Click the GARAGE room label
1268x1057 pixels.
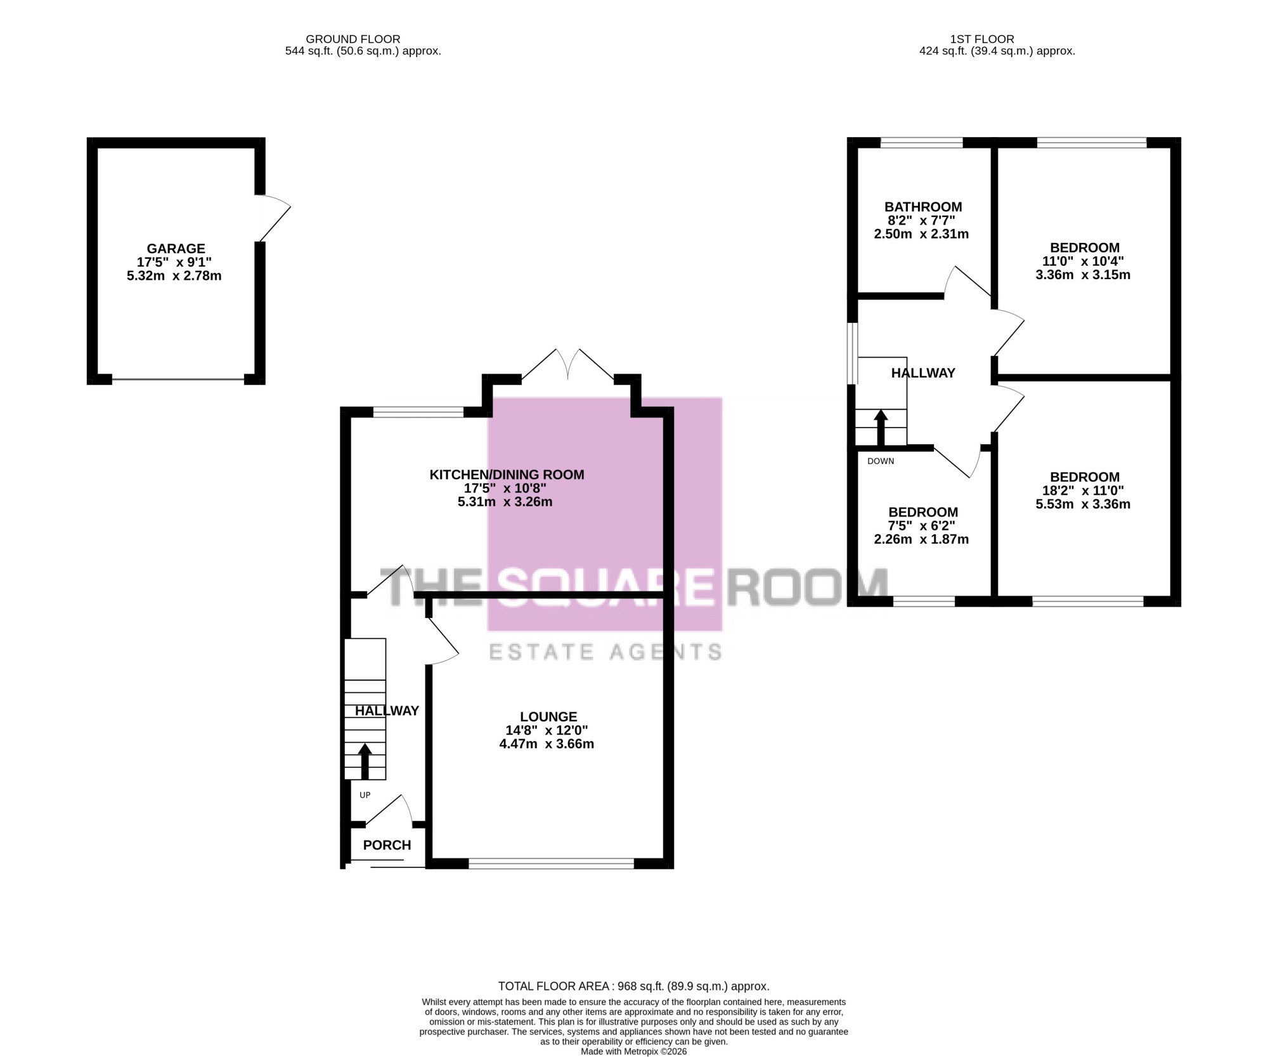point(176,249)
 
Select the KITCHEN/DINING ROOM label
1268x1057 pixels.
point(507,475)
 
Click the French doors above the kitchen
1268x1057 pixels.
point(568,364)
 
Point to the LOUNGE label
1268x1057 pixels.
point(548,717)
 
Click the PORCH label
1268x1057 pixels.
point(387,845)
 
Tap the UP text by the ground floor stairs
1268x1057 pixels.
point(365,795)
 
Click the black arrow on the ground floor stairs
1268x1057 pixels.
point(365,761)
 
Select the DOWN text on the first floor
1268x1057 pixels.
point(881,461)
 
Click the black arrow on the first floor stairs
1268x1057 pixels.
point(881,428)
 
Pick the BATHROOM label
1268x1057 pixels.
point(923,207)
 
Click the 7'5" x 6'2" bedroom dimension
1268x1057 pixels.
point(921,526)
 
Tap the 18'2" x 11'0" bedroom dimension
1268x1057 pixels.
point(1083,490)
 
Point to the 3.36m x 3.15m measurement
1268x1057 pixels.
point(1083,275)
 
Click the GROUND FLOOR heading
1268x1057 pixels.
point(353,39)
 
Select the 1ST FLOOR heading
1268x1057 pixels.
point(982,39)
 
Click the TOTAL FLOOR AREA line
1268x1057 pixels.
point(633,987)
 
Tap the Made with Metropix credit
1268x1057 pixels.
point(634,1051)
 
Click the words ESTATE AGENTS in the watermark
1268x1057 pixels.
point(605,652)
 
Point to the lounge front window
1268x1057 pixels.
point(551,863)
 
